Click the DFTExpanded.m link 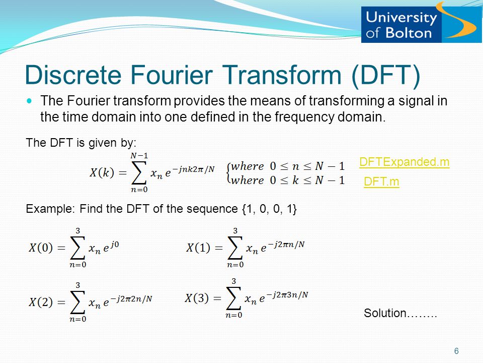[x=404, y=162]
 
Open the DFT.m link [x=381, y=181]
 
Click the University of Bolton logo [x=421, y=25]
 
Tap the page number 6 [x=456, y=351]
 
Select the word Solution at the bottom [x=385, y=313]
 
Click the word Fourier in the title [x=172, y=75]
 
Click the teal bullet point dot [x=29, y=101]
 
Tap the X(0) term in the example [x=41, y=248]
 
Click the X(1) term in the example [x=198, y=248]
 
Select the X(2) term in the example [x=41, y=302]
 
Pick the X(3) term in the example [x=197, y=298]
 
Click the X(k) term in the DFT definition [x=102, y=172]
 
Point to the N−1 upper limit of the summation [x=139, y=156]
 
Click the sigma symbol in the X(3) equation [x=233, y=298]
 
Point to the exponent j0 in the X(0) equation [x=114, y=245]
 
